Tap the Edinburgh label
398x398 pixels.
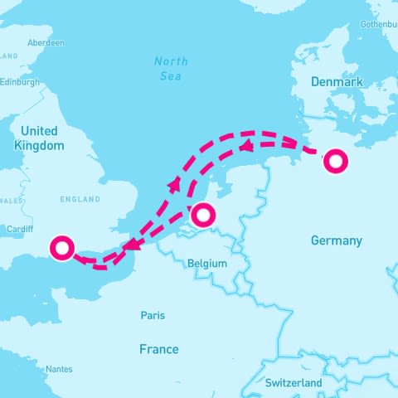pos(20,82)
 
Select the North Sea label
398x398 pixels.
pos(171,68)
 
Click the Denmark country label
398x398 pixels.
pos(337,82)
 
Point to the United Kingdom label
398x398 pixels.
pos(39,138)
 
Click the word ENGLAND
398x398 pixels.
pos(80,200)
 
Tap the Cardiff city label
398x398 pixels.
pos(19,229)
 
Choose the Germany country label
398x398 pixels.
pos(336,240)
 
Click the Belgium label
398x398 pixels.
pos(207,263)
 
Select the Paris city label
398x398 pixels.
pos(153,315)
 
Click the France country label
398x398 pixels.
pos(158,349)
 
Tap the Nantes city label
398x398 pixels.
pos(59,369)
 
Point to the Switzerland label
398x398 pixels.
pos(294,383)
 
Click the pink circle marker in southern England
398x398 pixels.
pos(62,247)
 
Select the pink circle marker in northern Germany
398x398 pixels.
pos(335,161)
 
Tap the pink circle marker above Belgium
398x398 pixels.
pos(203,216)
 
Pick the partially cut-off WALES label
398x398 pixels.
pos(11,200)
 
